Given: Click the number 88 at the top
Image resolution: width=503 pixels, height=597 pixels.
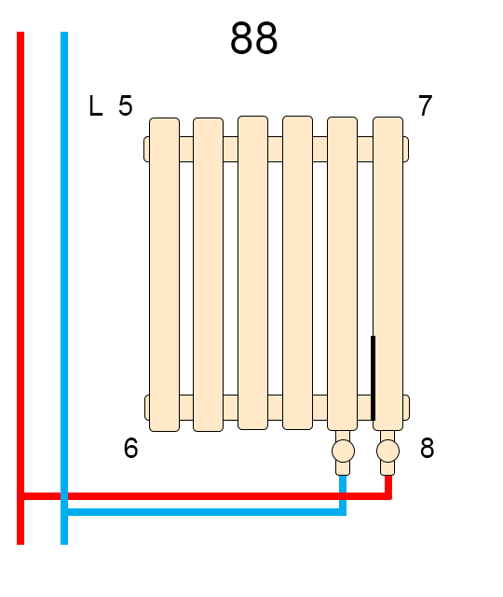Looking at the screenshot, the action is (x=253, y=38).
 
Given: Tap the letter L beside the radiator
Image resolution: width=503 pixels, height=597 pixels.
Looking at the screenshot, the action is (x=95, y=105).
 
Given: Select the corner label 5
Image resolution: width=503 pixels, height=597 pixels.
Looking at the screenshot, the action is (x=126, y=105).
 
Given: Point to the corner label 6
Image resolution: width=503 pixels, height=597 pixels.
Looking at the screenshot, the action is (x=130, y=448).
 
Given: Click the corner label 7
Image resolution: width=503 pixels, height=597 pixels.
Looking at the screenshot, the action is (x=425, y=105).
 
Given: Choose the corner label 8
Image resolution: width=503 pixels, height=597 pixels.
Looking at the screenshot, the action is (x=427, y=448).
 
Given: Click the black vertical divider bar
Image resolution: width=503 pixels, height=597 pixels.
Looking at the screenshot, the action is (x=373, y=378).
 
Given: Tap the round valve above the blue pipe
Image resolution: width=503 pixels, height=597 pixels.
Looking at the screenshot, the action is (x=343, y=451).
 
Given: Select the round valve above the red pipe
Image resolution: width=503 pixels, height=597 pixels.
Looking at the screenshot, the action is (x=387, y=451).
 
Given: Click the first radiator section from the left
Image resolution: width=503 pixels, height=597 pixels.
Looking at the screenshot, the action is (x=164, y=274).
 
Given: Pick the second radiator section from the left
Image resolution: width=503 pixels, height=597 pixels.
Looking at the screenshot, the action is (x=208, y=274).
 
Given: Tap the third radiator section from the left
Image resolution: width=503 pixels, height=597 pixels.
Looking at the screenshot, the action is (x=252, y=272).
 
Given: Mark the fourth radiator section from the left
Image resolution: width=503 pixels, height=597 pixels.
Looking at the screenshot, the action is (x=297, y=272).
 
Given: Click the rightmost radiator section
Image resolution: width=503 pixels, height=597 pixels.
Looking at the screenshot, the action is (x=387, y=273).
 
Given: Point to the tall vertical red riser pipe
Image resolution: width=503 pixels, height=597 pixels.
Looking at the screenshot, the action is (x=20, y=288).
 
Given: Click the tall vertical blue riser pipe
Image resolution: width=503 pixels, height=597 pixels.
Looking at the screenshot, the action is (x=64, y=288).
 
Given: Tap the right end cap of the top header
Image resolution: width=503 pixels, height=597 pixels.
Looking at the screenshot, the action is (x=406, y=149).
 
